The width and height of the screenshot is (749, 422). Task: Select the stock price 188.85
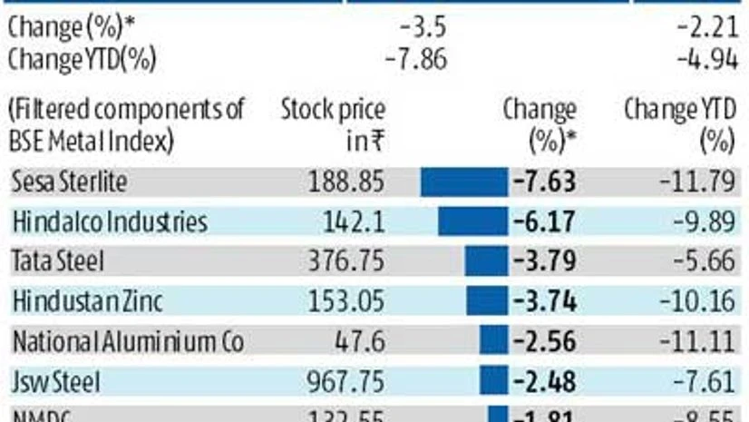tap(346, 182)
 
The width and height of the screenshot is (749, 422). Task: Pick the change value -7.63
tap(544, 182)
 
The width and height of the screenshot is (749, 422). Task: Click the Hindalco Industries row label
tap(110, 221)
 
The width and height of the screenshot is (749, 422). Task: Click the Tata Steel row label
tap(58, 261)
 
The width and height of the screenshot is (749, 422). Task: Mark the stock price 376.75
tap(346, 261)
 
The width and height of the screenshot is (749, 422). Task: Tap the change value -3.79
tap(544, 261)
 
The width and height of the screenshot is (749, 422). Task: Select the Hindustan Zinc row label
tap(87, 301)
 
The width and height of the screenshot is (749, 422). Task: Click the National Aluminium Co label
tap(128, 342)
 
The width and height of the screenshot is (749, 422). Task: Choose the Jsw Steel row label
tap(55, 382)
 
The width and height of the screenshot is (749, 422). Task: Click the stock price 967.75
tap(346, 382)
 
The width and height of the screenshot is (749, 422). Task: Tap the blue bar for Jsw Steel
tap(492, 382)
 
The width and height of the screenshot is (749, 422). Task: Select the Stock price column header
tap(333, 125)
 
